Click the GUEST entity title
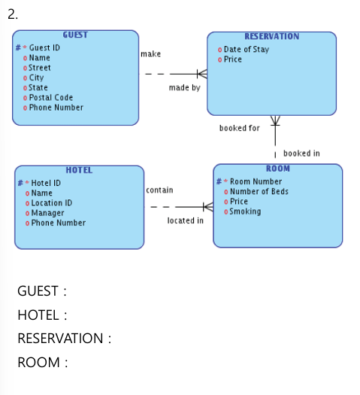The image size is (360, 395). click(75, 35)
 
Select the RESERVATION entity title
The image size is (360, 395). click(272, 36)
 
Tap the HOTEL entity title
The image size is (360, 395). click(79, 170)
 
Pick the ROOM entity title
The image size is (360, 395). click(278, 169)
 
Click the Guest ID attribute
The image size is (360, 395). click(44, 47)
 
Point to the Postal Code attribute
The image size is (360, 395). click(51, 98)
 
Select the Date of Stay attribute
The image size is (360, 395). click(247, 50)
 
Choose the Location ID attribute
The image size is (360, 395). click(52, 203)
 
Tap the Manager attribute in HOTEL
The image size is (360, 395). click(47, 213)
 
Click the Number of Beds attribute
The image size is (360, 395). click(259, 191)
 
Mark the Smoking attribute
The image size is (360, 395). click(245, 211)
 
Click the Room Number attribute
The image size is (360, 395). click(256, 181)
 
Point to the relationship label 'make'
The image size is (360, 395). click(151, 54)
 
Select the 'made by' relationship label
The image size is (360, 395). click(185, 88)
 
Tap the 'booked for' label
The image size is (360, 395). click(240, 128)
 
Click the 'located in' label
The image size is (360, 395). click(186, 220)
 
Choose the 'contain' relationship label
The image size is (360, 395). click(159, 190)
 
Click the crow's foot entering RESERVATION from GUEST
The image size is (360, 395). click(202, 74)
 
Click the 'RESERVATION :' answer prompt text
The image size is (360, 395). click(65, 338)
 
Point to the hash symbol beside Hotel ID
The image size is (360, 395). click(20, 183)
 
